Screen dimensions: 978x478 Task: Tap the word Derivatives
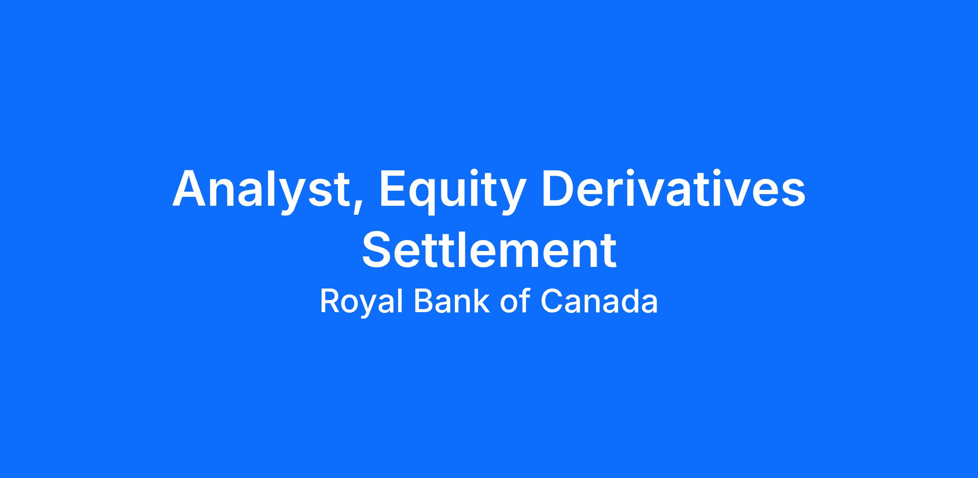pyautogui.click(x=673, y=189)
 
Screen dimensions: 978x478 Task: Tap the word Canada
pyautogui.click(x=599, y=301)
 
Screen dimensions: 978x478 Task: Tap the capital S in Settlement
pyautogui.click(x=377, y=249)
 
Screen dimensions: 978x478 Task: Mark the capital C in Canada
pyautogui.click(x=552, y=301)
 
